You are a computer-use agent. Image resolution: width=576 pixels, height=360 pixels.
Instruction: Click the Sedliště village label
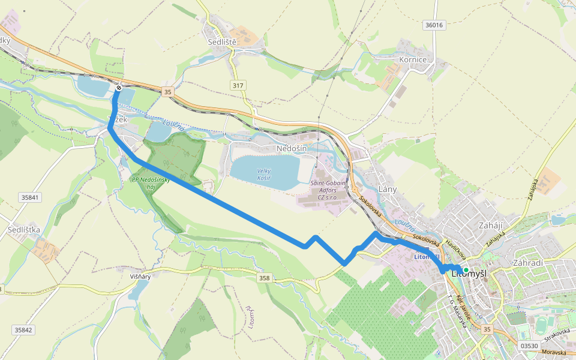tap(223, 43)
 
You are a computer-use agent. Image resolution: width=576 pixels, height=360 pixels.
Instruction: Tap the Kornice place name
tap(413, 60)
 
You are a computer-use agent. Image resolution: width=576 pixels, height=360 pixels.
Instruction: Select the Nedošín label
tap(292, 148)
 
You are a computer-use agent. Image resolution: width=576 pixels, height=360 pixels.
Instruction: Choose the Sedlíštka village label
tap(24, 230)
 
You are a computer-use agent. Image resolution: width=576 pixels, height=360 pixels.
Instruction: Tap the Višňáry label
tap(139, 277)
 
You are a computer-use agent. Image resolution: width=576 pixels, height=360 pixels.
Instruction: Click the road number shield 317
tap(238, 86)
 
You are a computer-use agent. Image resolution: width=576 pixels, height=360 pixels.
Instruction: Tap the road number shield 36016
tap(433, 25)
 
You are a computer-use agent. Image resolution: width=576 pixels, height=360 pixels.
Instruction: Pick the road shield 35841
tap(29, 197)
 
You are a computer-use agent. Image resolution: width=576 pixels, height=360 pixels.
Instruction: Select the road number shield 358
tap(265, 278)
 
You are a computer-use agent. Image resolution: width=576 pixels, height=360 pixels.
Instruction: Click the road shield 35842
tap(22, 330)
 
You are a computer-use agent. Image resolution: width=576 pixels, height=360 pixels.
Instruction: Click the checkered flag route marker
tap(119, 88)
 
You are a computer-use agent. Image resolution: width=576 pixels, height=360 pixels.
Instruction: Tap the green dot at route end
tap(466, 271)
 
